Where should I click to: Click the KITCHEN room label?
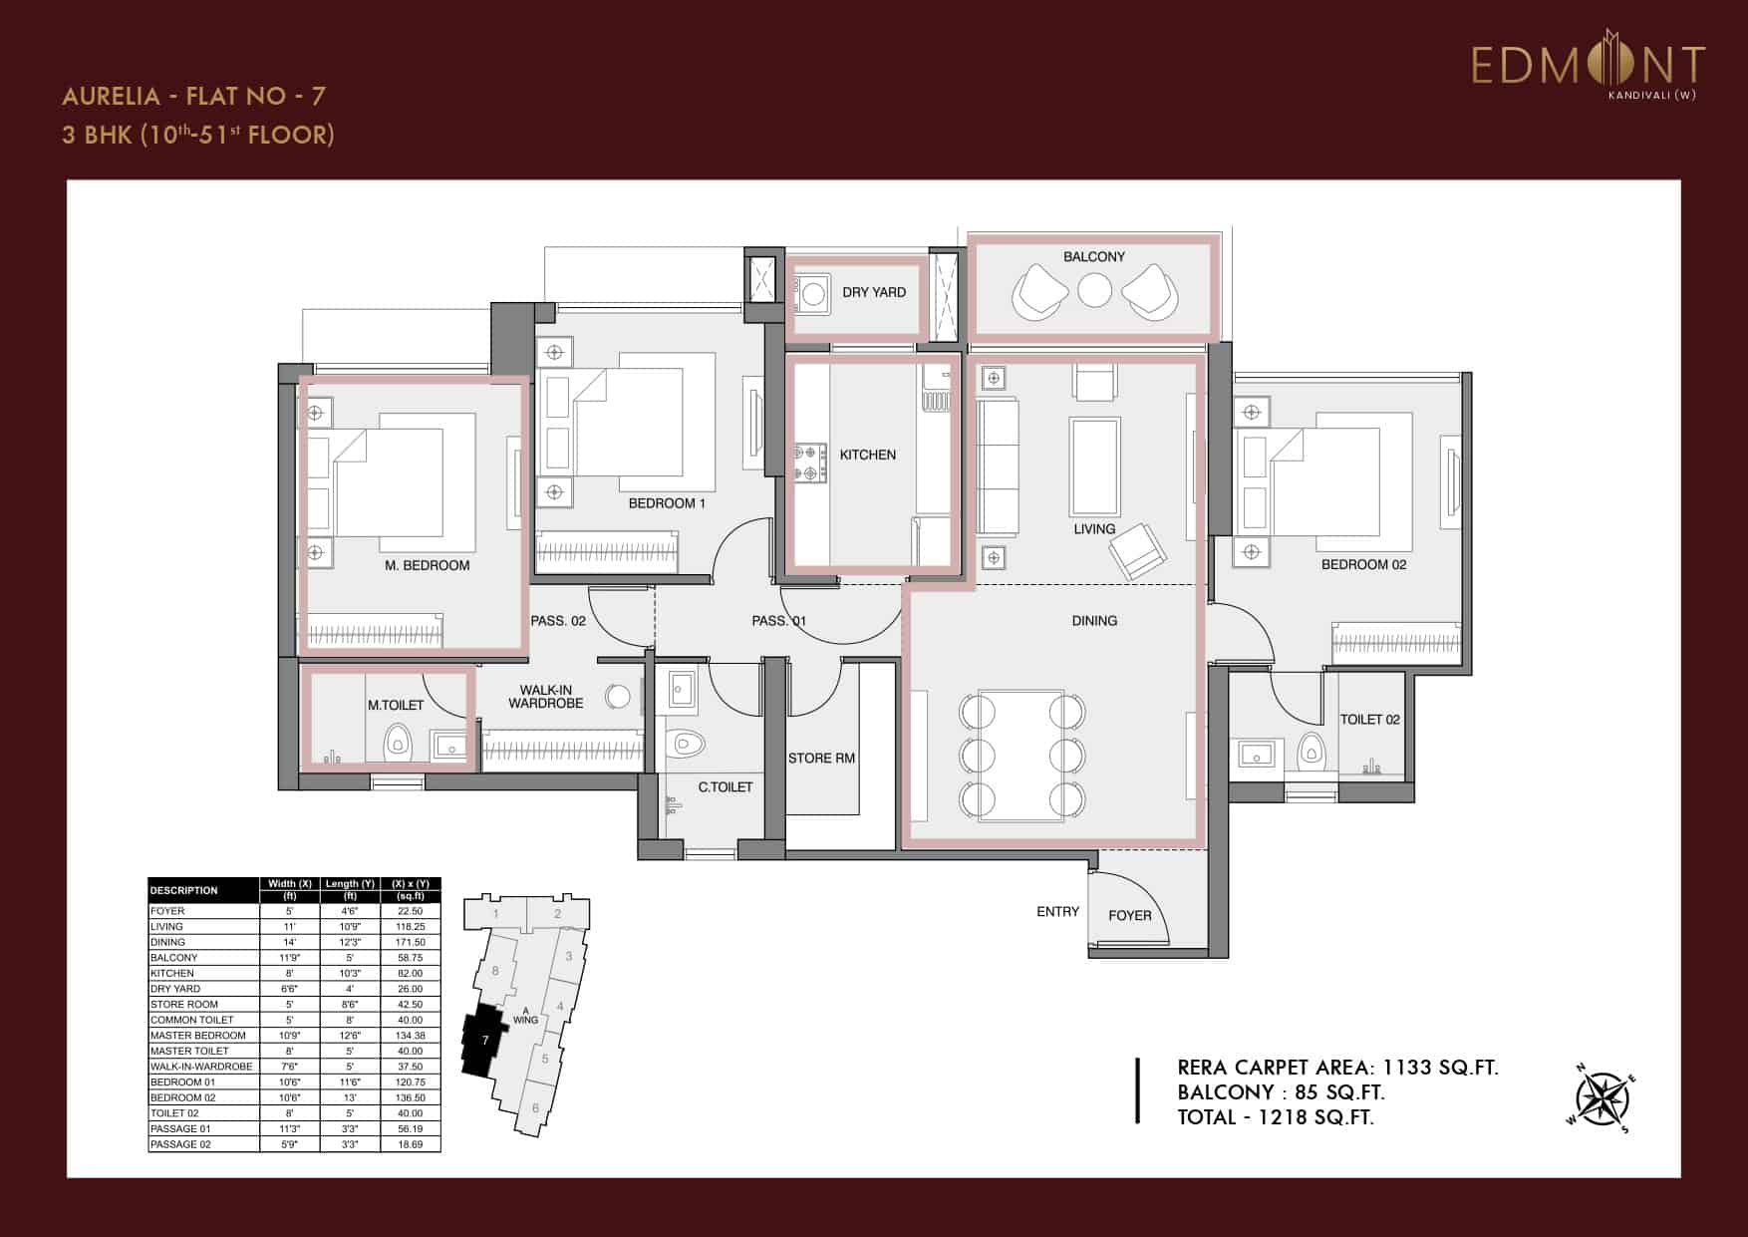click(867, 455)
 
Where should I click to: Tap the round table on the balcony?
click(1094, 291)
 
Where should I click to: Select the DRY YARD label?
click(874, 292)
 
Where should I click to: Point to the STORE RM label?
click(821, 758)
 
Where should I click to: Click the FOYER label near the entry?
click(1129, 915)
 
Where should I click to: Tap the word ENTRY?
click(1057, 911)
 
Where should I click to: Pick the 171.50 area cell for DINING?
click(410, 942)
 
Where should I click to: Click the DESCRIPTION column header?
click(184, 890)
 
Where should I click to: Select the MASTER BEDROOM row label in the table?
click(197, 1035)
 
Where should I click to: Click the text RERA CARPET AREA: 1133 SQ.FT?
click(1337, 1068)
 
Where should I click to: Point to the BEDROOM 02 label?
click(1363, 564)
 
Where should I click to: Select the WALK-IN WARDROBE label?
click(545, 697)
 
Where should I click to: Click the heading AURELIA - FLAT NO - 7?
click(193, 96)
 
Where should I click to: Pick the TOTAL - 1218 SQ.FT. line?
click(1275, 1117)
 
